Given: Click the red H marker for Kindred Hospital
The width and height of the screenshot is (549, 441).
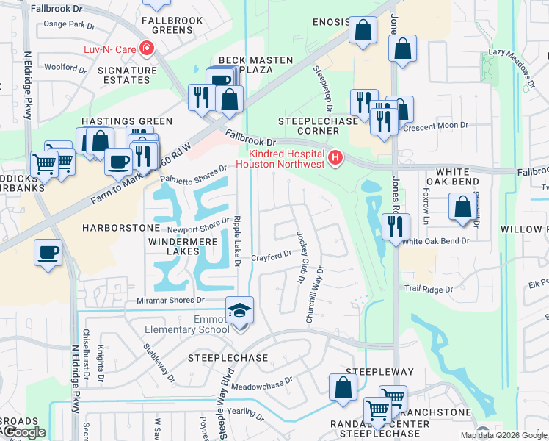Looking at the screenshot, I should click(335, 158).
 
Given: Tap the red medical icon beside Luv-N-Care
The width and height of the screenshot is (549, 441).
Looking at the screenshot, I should click(148, 49).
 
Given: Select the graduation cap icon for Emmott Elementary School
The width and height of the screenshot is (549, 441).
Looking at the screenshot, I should click(239, 311).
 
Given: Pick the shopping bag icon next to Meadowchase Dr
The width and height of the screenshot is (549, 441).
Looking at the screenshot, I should click(343, 387).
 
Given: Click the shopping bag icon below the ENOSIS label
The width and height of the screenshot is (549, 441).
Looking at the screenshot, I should click(363, 31).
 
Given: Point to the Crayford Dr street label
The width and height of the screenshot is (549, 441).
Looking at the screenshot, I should click(272, 256).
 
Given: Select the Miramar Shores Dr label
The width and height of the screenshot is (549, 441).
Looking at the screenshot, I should click(170, 301).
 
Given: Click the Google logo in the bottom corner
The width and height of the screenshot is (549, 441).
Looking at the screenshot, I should click(25, 433).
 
